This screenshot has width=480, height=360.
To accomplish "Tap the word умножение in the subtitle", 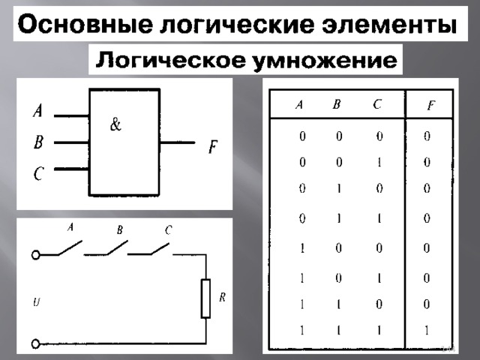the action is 325,60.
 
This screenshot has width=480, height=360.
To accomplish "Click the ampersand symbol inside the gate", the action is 115,124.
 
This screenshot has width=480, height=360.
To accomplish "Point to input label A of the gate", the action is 37,110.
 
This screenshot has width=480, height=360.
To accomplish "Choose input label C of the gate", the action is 38,173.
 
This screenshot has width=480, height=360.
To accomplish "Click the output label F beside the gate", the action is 213,147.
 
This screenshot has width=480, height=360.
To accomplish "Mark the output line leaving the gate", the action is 178,142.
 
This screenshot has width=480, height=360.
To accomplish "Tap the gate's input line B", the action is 72,142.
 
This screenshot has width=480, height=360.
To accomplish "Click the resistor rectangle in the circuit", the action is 205,298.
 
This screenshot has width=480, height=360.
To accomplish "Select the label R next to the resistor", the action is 223,297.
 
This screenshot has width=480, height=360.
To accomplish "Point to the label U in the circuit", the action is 36,303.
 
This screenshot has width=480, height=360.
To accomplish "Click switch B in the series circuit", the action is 106,248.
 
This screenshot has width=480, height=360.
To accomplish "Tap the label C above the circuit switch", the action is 169,230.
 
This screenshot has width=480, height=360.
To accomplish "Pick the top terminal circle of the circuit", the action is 36,255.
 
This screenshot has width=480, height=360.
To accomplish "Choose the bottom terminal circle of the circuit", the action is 36,343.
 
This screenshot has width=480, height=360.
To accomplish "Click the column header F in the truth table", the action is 431,106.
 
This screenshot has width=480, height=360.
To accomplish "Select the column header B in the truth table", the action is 337,105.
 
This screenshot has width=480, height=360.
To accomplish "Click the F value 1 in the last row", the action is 427,330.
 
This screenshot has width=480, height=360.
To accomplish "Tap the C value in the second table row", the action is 379,162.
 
